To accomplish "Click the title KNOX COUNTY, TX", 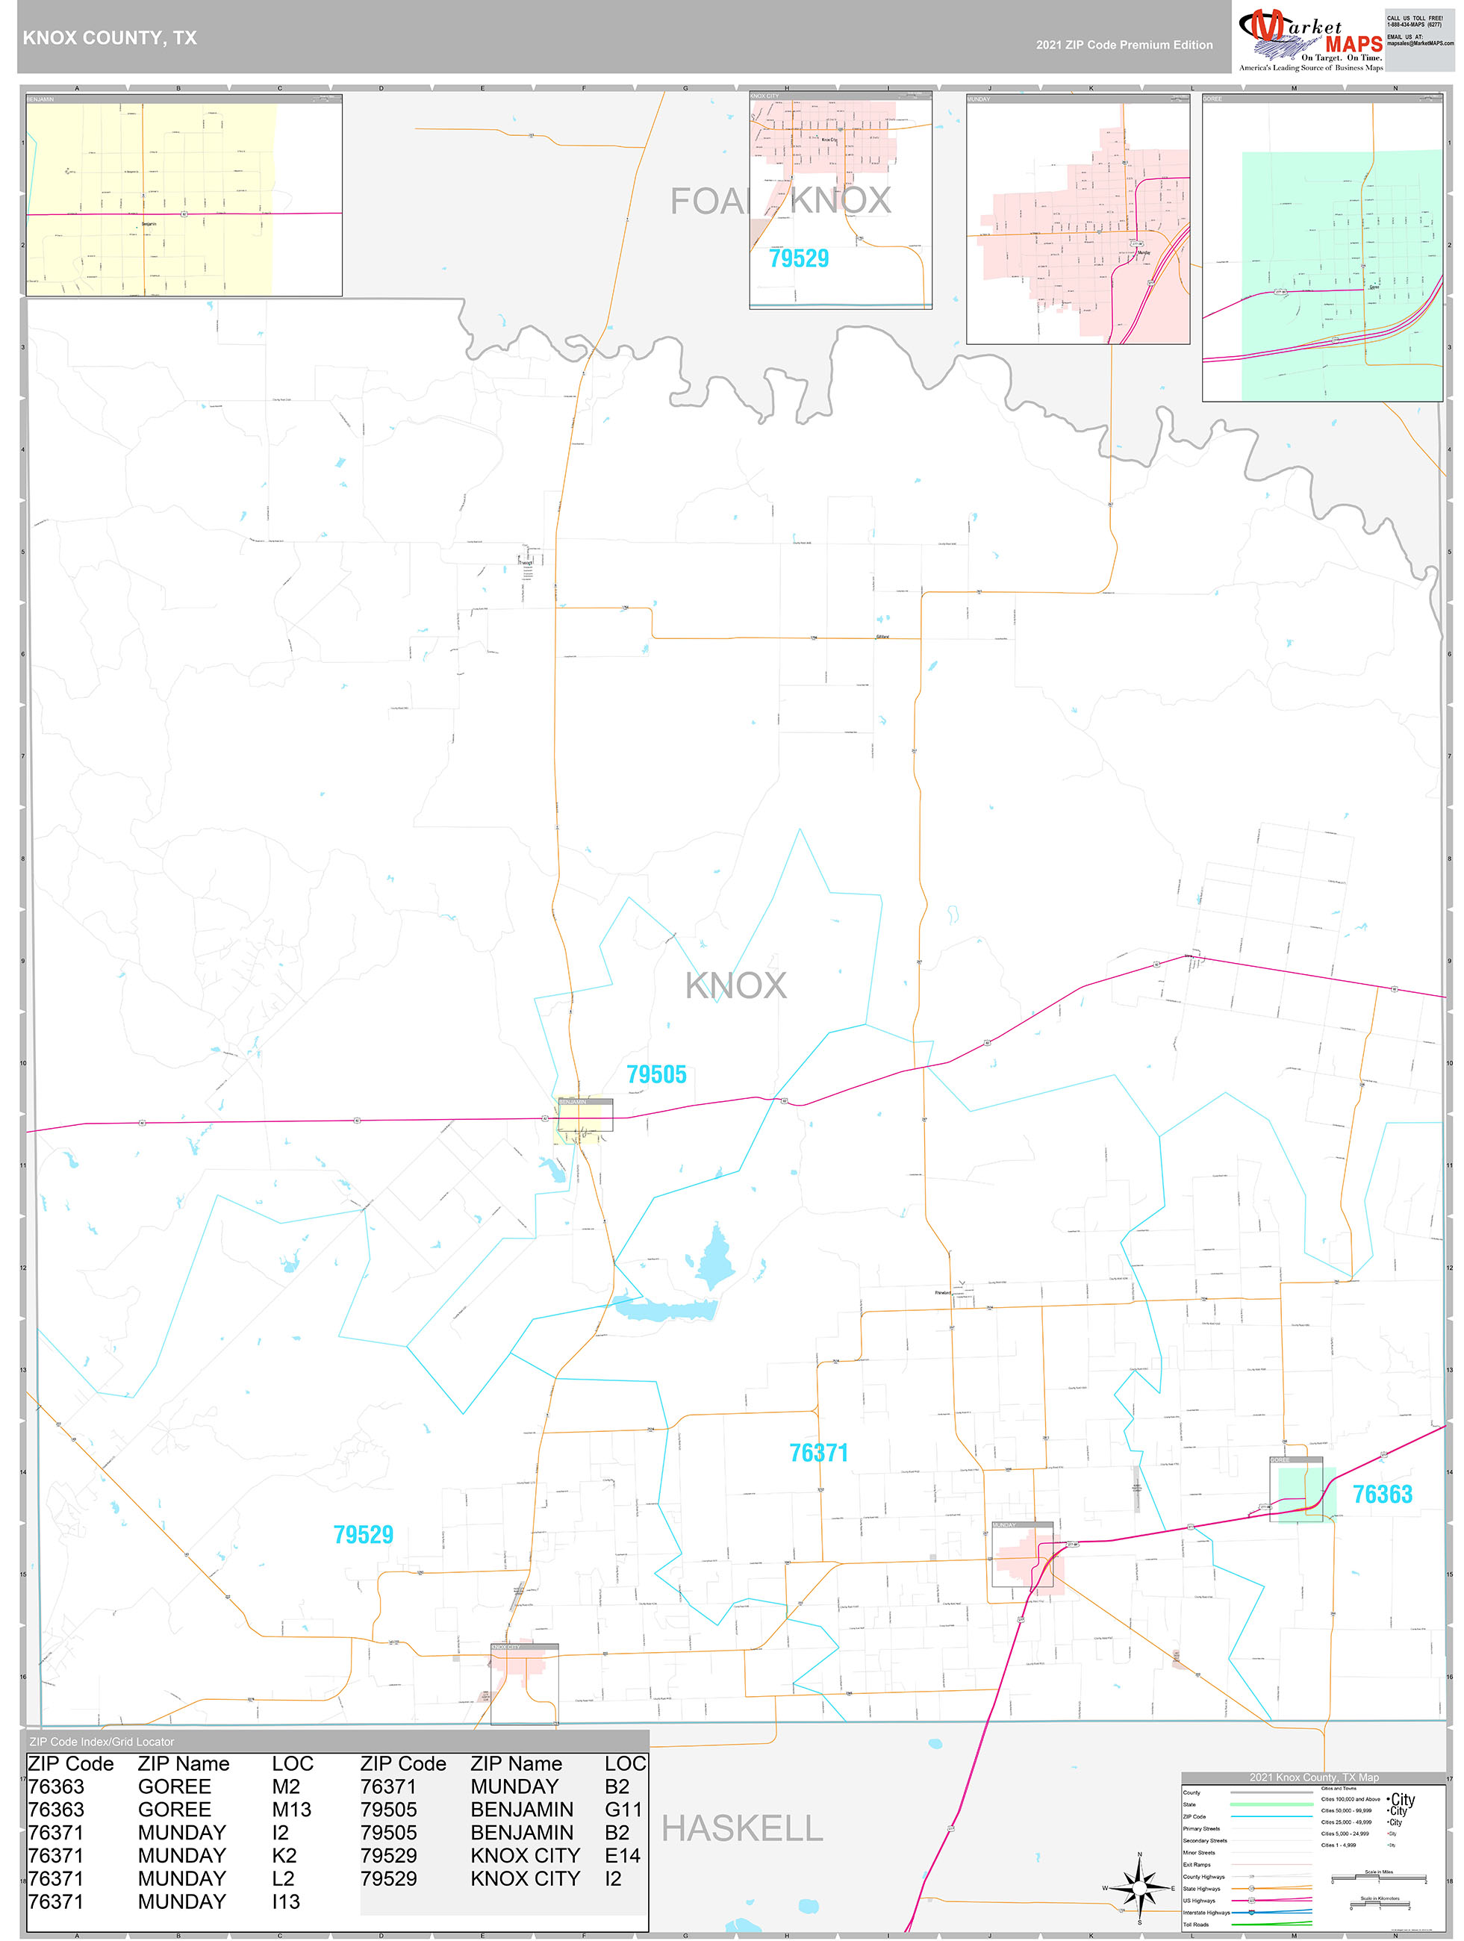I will click(x=110, y=38).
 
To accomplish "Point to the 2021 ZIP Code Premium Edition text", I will click(x=1124, y=45).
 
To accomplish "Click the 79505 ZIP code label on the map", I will click(x=655, y=1074).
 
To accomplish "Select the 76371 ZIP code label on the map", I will click(x=818, y=1453).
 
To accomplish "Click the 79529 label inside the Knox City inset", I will click(x=799, y=258).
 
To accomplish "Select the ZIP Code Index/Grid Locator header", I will click(x=102, y=1742).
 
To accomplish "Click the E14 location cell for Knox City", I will click(x=623, y=1856).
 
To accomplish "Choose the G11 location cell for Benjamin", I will click(x=623, y=1810).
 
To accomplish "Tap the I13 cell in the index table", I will click(x=285, y=1901).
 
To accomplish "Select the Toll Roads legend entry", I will click(x=1195, y=1925).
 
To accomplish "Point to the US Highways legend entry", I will click(x=1199, y=1900).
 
